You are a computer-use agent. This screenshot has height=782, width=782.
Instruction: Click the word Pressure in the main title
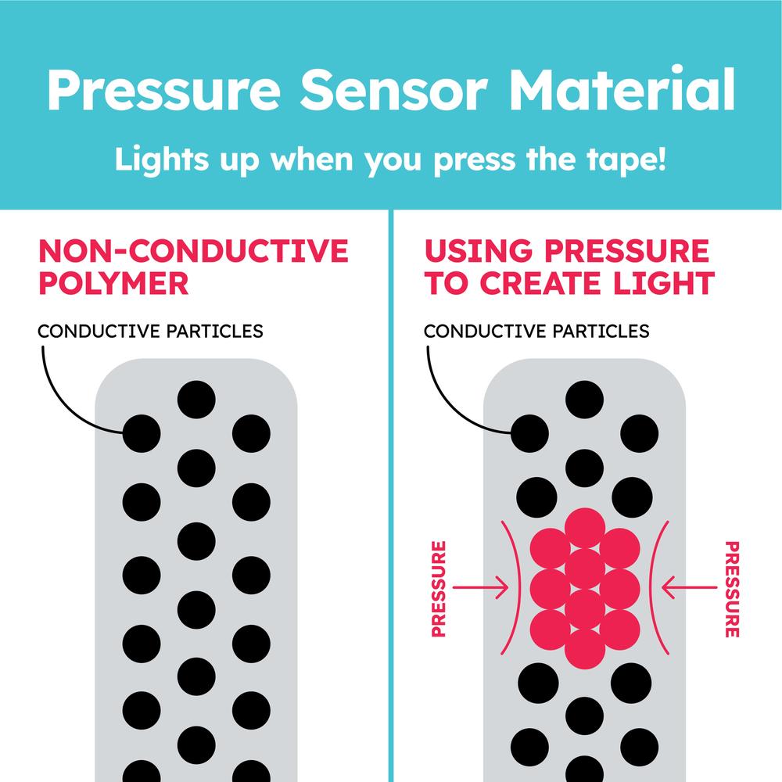[x=164, y=89]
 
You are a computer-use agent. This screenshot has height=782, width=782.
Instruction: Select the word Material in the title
[x=622, y=88]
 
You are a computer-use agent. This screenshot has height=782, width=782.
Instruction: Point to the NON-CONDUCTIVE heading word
[x=193, y=251]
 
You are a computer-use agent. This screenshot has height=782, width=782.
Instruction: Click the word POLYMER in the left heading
[x=113, y=283]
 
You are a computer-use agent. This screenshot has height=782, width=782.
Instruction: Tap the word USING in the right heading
[x=479, y=251]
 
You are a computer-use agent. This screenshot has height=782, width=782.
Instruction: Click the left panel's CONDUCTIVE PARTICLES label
[x=150, y=331]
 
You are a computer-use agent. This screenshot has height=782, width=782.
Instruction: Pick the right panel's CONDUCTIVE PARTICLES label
[x=536, y=331]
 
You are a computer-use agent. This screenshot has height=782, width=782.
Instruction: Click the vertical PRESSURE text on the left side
[x=439, y=589]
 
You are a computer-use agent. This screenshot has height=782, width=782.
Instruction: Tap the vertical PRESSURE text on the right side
[x=732, y=589]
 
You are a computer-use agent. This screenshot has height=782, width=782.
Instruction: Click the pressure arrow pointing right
[x=480, y=587]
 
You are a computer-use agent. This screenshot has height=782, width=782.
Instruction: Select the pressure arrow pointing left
[x=690, y=587]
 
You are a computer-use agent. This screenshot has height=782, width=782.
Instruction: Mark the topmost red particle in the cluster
[x=584, y=528]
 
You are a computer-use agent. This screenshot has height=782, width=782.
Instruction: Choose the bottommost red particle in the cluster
[x=584, y=649]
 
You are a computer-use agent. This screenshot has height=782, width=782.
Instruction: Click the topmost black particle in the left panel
[x=196, y=400]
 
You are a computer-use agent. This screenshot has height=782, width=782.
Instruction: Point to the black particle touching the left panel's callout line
[x=142, y=433]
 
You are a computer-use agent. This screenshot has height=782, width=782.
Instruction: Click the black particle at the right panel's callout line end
[x=529, y=433]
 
